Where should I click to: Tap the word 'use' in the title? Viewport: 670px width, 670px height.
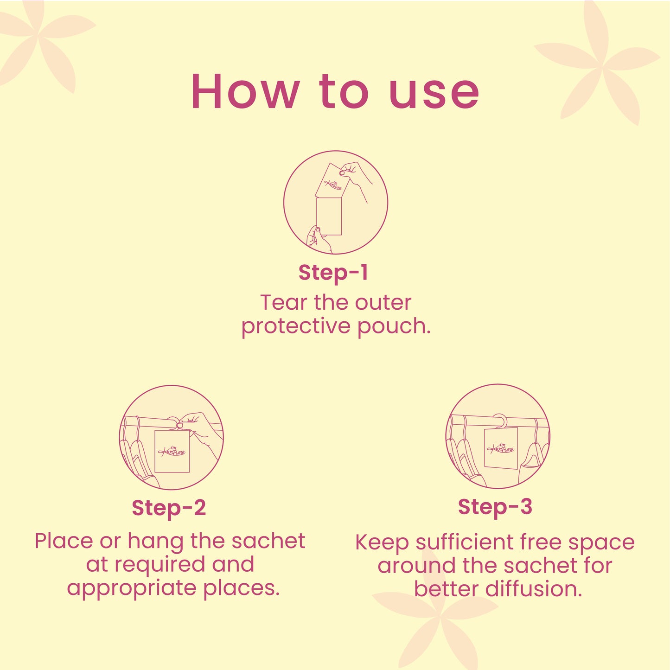pos(434,95)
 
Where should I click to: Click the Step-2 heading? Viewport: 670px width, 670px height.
pos(169,508)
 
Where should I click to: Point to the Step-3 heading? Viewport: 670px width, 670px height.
pos(495,507)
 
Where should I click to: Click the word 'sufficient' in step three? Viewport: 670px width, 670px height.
pos(465,543)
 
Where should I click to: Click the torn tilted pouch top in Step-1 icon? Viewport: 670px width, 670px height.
pos(332,180)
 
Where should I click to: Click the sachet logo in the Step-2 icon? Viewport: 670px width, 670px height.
pos(172,451)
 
